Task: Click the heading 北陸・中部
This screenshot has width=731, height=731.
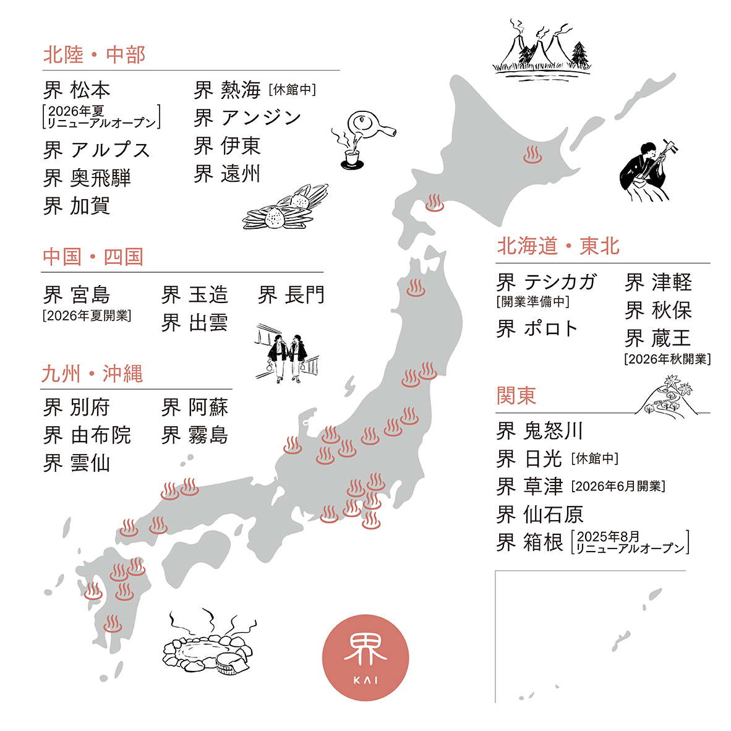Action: point(94,55)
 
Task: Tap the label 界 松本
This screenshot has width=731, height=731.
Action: point(77,90)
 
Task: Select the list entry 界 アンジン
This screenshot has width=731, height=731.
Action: point(247,118)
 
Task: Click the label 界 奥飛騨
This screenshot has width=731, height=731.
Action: point(87,178)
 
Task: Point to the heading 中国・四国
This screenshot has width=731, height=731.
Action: point(93,257)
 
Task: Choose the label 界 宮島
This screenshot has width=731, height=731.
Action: point(77,295)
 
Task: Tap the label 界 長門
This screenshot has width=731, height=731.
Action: point(291,295)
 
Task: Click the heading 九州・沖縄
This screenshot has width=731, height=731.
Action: point(92,374)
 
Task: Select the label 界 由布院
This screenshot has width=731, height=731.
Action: point(87,435)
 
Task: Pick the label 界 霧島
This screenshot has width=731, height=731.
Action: point(195,435)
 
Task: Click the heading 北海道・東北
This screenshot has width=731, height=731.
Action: point(558,246)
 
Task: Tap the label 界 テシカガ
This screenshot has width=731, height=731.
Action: point(546,283)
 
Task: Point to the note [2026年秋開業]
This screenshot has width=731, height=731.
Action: point(667,359)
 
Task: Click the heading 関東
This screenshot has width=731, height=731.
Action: point(516,396)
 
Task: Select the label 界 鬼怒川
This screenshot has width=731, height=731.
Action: point(539,430)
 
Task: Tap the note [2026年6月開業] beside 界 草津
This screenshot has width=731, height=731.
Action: point(618,486)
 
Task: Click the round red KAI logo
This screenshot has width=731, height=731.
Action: point(366,657)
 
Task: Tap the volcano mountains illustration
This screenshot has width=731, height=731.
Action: point(542,49)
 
